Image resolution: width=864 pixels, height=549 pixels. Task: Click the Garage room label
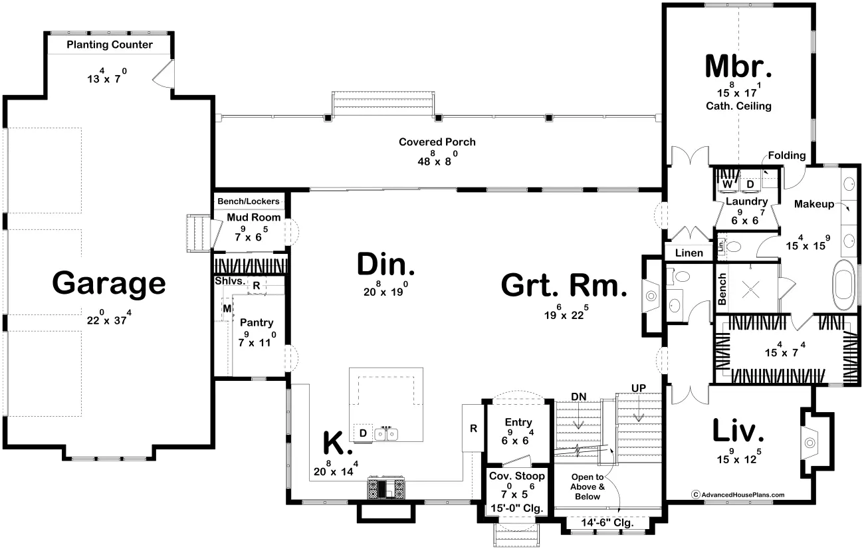pos(108,283)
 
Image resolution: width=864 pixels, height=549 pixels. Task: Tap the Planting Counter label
pos(110,45)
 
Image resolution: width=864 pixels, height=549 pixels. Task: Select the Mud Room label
pos(253,217)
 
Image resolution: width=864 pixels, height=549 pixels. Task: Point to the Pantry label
pos(256,322)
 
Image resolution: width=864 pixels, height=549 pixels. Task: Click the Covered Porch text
pos(437,142)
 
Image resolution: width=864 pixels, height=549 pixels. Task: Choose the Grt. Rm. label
pos(564,285)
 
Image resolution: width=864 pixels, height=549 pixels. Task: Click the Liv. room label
pos(738,431)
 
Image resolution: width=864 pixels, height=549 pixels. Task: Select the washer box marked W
pos(726,183)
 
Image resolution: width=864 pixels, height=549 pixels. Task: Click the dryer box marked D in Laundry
pos(749,183)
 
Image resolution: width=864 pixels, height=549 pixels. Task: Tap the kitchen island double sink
pos(386,434)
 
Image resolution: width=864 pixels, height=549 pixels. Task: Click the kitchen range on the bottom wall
pos(386,489)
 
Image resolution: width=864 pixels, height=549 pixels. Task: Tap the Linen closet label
pos(689,253)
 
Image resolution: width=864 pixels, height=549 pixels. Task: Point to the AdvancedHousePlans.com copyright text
pos(738,494)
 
